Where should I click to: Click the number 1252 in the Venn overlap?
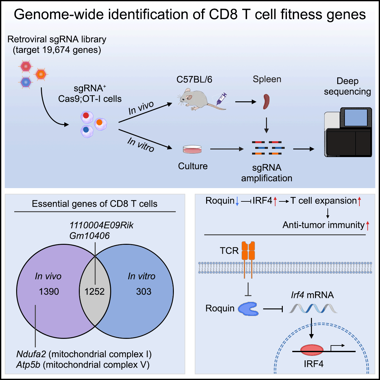[94, 291]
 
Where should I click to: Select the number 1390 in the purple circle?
[49, 291]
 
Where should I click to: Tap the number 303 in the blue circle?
[144, 291]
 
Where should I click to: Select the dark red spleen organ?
[266, 102]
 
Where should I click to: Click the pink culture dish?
[192, 149]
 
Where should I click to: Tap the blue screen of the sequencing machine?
[356, 117]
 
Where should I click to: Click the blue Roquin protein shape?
[248, 309]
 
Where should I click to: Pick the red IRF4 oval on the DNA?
[312, 350]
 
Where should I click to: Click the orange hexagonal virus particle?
[41, 74]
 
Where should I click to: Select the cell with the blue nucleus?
[87, 131]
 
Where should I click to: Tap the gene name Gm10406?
[89, 236]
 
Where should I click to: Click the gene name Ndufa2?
[31, 354]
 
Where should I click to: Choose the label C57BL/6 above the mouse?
[194, 79]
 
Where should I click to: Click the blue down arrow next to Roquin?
[237, 201]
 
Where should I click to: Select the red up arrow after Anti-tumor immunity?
[367, 226]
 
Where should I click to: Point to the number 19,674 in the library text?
[56, 50]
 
